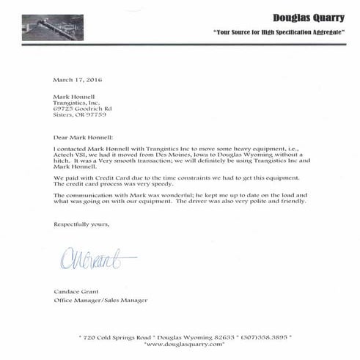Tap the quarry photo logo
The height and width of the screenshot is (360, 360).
52,27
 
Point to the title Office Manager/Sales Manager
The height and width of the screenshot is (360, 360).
100,300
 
